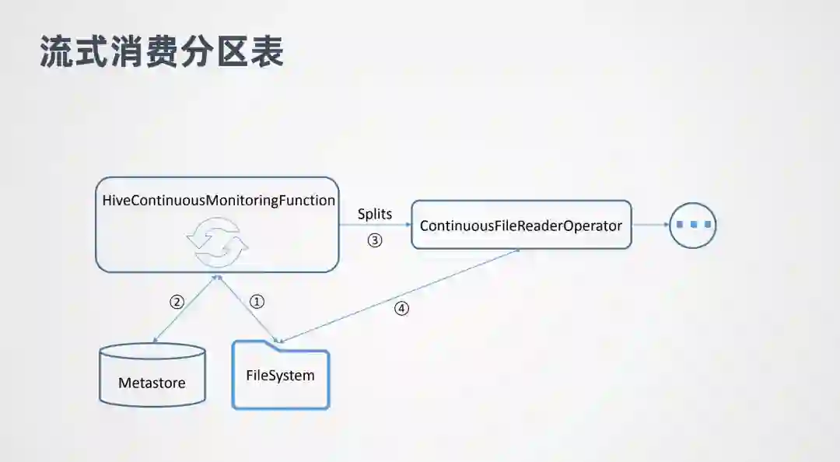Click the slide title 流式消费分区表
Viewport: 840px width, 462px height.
pyautogui.click(x=161, y=51)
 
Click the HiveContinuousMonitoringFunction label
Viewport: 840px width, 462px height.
pyautogui.click(x=219, y=200)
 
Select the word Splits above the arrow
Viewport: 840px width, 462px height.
pyautogui.click(x=375, y=213)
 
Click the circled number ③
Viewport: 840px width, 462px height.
pyautogui.click(x=375, y=240)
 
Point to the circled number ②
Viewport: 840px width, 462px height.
pyautogui.click(x=177, y=302)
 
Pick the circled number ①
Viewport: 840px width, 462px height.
pyautogui.click(x=257, y=302)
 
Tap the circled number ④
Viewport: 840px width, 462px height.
pyautogui.click(x=401, y=308)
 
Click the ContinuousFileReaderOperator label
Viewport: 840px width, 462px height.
pyautogui.click(x=521, y=226)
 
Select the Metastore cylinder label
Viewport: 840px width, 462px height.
pyautogui.click(x=152, y=383)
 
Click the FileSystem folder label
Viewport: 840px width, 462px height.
pyautogui.click(x=280, y=376)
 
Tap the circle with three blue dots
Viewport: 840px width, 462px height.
pyautogui.click(x=693, y=225)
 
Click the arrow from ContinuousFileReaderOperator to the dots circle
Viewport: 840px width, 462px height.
pyautogui.click(x=650, y=225)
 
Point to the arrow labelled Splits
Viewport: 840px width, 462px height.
pyautogui.click(x=375, y=225)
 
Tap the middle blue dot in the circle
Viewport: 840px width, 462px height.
pyautogui.click(x=693, y=225)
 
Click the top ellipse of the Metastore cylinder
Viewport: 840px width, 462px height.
pyautogui.click(x=152, y=352)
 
